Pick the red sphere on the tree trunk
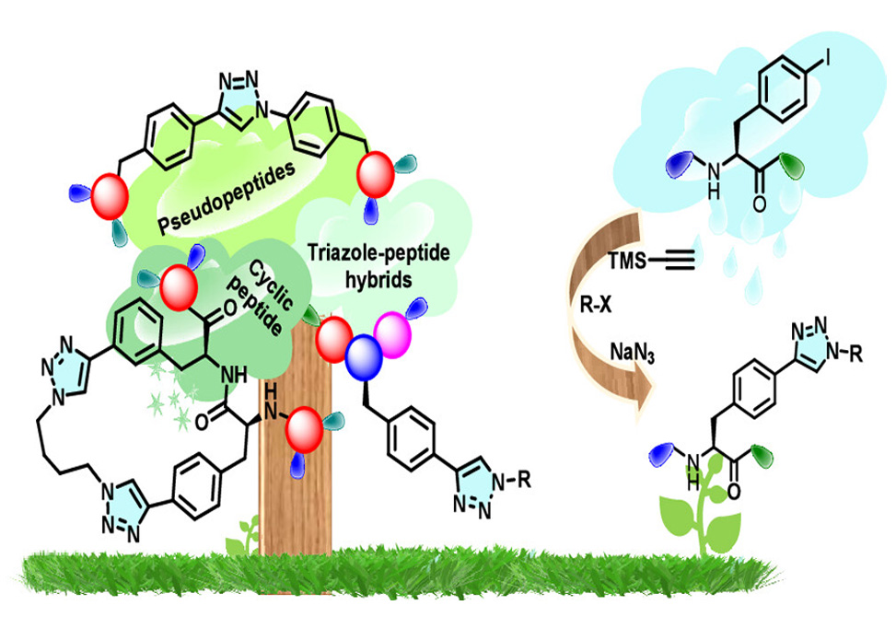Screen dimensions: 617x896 (305, 430)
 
